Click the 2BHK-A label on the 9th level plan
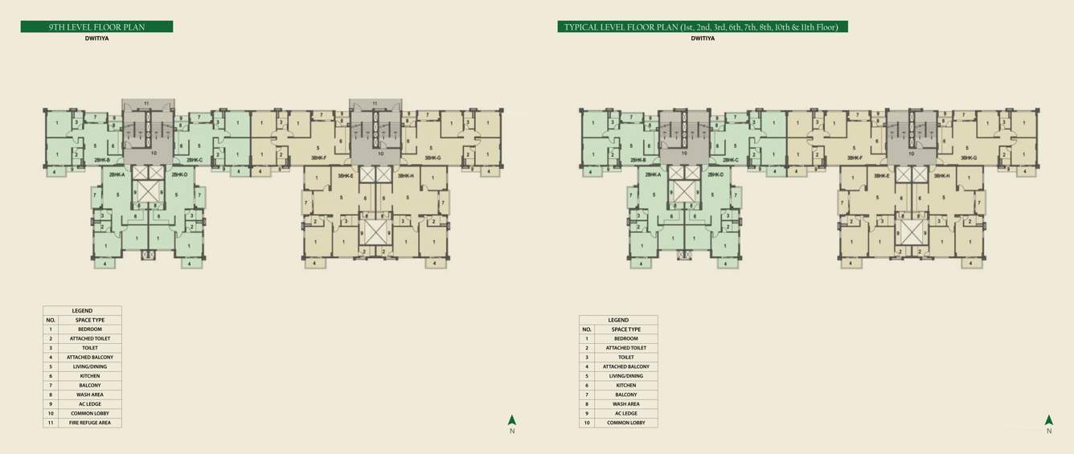tap(117, 174)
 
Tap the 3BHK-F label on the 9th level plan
tap(319, 158)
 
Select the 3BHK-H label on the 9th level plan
tap(405, 175)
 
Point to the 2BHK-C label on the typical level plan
tap(731, 159)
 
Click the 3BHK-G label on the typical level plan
tap(969, 158)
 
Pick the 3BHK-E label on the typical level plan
tap(882, 175)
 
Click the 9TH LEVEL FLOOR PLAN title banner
tap(96, 27)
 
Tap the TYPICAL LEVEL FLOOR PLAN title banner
tap(702, 27)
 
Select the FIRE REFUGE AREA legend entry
tap(90, 423)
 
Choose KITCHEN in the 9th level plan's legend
tap(90, 376)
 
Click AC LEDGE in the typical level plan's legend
tap(626, 413)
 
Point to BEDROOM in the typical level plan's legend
tap(626, 338)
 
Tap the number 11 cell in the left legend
tap(51, 423)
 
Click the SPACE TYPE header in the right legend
tap(626, 329)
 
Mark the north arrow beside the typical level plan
tap(1048, 421)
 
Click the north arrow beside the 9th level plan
tap(512, 421)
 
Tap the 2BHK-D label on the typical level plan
tap(715, 174)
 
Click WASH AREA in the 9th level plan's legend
tap(90, 395)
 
